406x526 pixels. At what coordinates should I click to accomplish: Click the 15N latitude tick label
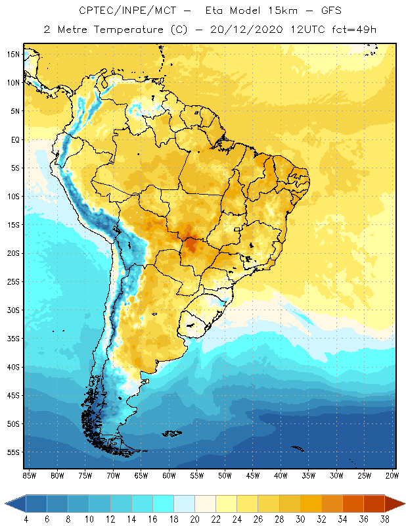tap(13, 54)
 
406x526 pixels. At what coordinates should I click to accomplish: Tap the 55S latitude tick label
tap(13, 452)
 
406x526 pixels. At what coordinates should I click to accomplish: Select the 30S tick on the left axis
tap(13, 310)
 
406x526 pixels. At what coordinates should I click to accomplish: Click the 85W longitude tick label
tap(29, 475)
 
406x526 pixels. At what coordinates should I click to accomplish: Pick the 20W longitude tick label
tap(392, 475)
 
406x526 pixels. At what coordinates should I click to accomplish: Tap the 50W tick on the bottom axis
tap(225, 475)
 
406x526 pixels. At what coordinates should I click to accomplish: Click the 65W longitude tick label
tap(141, 475)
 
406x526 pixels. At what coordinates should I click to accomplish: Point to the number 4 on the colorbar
tap(26, 519)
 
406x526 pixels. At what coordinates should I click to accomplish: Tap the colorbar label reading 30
tap(300, 519)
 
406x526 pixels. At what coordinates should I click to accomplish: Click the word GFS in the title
tap(328, 11)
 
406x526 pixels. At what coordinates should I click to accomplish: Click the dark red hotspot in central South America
tap(193, 246)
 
